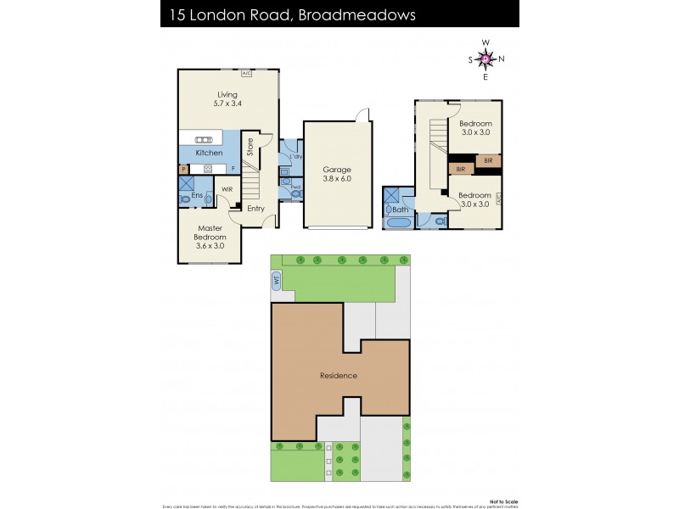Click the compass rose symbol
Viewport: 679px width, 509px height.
click(x=485, y=59)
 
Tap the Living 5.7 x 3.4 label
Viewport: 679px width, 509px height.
click(x=227, y=99)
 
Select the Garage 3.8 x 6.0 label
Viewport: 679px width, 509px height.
click(x=337, y=174)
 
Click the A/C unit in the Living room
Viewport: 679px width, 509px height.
click(x=247, y=74)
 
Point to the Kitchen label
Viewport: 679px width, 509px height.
click(x=209, y=153)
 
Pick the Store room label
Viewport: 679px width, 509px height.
click(x=250, y=148)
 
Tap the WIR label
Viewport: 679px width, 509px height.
click(x=227, y=189)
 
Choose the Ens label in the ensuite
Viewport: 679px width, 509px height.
click(x=197, y=196)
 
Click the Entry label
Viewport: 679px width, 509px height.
click(x=255, y=208)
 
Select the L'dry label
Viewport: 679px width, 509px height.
click(x=296, y=157)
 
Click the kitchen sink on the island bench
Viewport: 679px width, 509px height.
click(x=204, y=140)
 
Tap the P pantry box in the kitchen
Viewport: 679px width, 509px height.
click(x=183, y=169)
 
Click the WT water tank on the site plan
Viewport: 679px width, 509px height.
click(x=277, y=281)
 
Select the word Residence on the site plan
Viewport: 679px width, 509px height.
click(x=338, y=375)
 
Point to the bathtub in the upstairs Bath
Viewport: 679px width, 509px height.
click(x=397, y=223)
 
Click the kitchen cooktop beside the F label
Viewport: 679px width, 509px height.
click(x=208, y=169)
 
